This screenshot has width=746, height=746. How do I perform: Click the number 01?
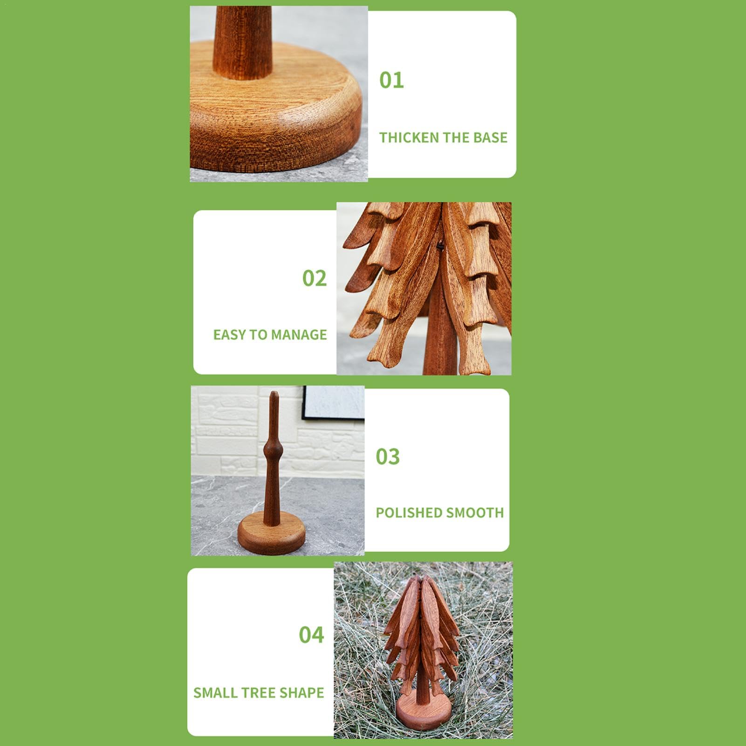391,80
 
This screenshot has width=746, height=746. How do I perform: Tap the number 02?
315,278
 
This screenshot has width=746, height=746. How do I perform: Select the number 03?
388,457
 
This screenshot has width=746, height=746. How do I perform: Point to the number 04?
311,635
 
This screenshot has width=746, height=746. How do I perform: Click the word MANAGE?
299,335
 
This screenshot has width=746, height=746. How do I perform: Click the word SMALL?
212,692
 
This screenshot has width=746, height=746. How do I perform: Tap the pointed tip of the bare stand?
274,393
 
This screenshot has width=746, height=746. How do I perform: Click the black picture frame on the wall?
333,404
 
